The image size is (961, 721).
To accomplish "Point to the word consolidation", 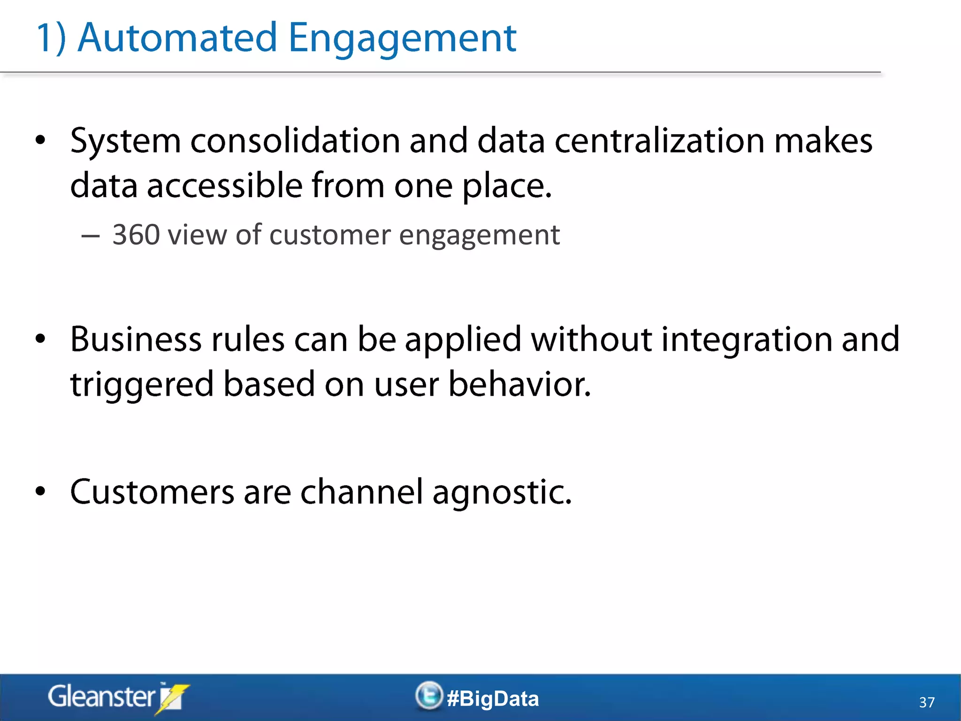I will pos(295,141).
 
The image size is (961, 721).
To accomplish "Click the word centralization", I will pos(660,141).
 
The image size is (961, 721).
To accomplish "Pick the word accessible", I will pos(225,185).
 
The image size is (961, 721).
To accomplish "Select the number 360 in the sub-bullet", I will pos(136,234).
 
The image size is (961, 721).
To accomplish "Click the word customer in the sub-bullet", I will pos(330,235).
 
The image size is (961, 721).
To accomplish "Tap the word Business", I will pos(136,339).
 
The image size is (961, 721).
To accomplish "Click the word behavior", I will pos(519,384).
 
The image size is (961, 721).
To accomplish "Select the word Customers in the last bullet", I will pos(152,492).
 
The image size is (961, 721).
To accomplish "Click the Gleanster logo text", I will pos(101,696).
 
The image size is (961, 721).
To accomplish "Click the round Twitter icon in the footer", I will pos(428,695).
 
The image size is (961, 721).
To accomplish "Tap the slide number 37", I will pos(926,702).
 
